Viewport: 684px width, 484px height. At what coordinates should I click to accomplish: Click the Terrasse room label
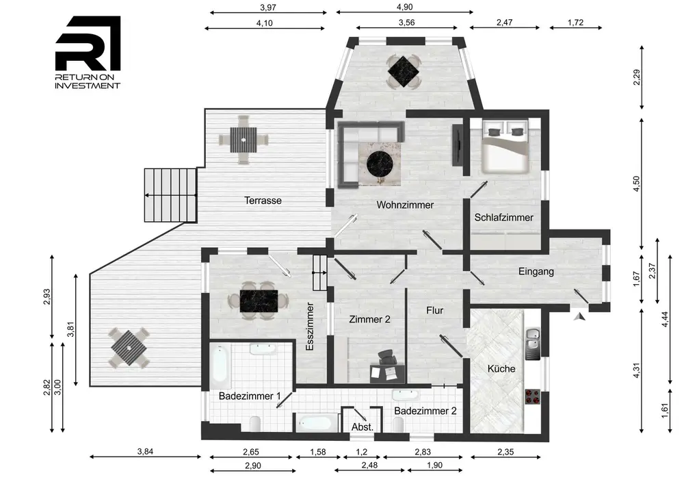(x=263, y=201)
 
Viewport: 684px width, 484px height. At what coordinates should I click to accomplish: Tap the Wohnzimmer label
(x=405, y=205)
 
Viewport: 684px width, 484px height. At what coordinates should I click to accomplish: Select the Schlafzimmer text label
(x=504, y=217)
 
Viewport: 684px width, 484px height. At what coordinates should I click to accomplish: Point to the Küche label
(x=501, y=369)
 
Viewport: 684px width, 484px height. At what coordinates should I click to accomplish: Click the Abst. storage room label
(x=363, y=426)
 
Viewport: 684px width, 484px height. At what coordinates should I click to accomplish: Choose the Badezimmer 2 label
(x=425, y=411)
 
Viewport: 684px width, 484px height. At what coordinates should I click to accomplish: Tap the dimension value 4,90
(x=404, y=7)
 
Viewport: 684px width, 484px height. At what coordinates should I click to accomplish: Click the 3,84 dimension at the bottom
(x=145, y=452)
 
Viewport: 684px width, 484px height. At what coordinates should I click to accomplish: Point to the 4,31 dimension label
(x=636, y=370)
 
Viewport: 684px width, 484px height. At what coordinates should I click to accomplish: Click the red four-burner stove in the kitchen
(x=532, y=396)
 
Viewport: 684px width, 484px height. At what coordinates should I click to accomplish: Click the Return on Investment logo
(x=88, y=53)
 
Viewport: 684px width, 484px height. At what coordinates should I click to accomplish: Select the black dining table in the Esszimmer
(x=259, y=301)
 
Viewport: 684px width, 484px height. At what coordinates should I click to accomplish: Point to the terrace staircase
(x=171, y=195)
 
